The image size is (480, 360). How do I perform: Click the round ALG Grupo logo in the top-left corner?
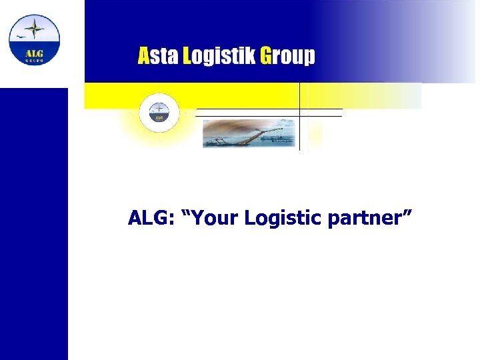click(34, 39)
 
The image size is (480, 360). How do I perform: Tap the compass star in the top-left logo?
click(35, 29)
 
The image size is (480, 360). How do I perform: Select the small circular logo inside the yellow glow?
click(159, 111)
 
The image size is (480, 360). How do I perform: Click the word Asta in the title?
click(159, 56)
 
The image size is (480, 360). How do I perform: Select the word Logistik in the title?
click(219, 57)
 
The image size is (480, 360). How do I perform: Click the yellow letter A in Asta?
click(144, 56)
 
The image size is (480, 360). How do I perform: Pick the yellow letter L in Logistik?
click(187, 56)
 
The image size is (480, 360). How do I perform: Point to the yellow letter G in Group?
click(265, 56)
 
